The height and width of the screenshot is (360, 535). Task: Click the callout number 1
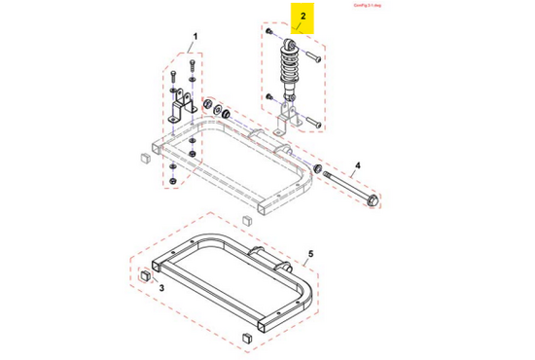pyautogui.click(x=193, y=36)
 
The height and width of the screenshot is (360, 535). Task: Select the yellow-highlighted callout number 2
pyautogui.click(x=302, y=17)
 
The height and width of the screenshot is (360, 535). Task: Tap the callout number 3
pyautogui.click(x=161, y=289)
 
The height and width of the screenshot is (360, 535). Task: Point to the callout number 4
pyautogui.click(x=357, y=166)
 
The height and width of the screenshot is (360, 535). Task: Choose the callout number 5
pyautogui.click(x=310, y=255)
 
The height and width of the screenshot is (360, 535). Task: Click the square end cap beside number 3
pyautogui.click(x=146, y=276)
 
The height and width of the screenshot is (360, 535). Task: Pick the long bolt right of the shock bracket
pyautogui.click(x=313, y=123)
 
